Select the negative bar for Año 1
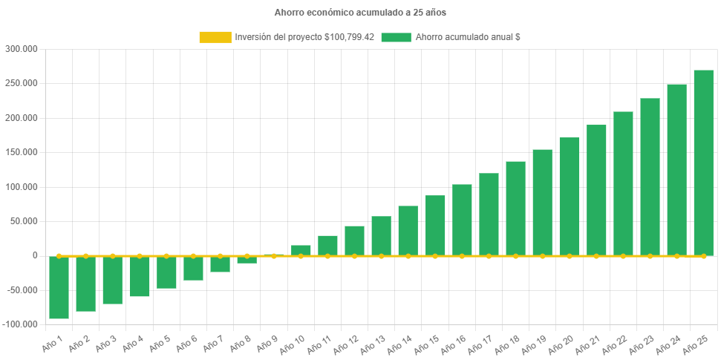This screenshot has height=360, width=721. click(59, 288)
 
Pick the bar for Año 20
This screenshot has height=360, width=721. click(570, 196)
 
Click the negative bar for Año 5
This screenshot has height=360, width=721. click(166, 272)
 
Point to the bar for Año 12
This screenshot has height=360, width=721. click(354, 240)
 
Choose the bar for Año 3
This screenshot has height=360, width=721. click(113, 281)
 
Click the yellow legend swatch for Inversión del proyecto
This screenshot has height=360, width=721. click(215, 37)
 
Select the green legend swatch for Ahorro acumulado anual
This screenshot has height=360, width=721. click(396, 37)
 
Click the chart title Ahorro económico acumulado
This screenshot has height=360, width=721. click(360, 13)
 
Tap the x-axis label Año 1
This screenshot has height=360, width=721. click(51, 344)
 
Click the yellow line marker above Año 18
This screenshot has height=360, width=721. click(515, 256)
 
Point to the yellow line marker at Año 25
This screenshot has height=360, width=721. click(703, 256)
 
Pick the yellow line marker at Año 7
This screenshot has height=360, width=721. click(220, 255)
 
